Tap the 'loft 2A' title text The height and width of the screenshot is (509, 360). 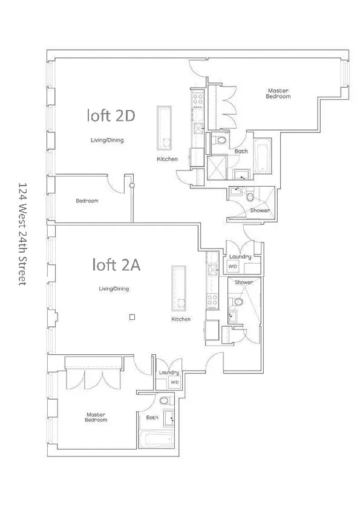pyautogui.click(x=116, y=264)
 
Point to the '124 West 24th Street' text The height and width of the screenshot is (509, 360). pyautogui.click(x=23, y=234)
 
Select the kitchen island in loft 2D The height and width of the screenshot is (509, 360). pyautogui.click(x=164, y=128)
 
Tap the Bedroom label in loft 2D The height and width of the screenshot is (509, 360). pyautogui.click(x=87, y=201)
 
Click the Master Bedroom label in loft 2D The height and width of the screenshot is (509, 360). pyautogui.click(x=279, y=94)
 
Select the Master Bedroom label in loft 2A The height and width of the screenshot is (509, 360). pyautogui.click(x=96, y=417)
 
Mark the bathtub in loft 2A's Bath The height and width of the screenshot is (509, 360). pyautogui.click(x=156, y=440)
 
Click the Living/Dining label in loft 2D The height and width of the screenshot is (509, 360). pyautogui.click(x=106, y=140)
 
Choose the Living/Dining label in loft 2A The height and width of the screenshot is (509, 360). pyautogui.click(x=114, y=289)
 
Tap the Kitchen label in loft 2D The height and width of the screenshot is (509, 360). pyautogui.click(x=167, y=159)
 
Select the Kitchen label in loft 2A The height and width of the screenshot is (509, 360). pyautogui.click(x=181, y=319)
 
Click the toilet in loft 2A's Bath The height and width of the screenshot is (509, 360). pyautogui.click(x=165, y=401)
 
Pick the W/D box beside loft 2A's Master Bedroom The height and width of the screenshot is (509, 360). pyautogui.click(x=174, y=383)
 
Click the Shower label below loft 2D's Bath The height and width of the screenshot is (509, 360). pyautogui.click(x=260, y=210)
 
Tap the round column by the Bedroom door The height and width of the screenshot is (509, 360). pyautogui.click(x=131, y=186)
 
